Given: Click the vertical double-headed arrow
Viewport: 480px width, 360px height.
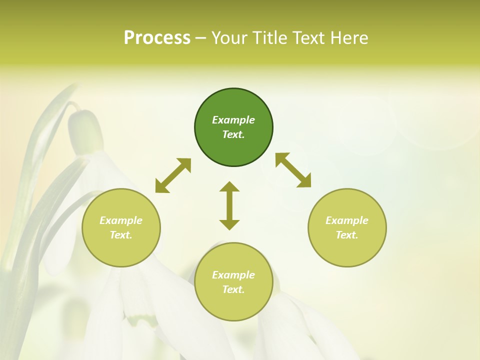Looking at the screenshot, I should (x=229, y=205).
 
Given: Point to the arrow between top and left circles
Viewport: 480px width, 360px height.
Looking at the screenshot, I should (x=173, y=175).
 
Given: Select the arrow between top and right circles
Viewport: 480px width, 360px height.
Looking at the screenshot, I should (x=293, y=170).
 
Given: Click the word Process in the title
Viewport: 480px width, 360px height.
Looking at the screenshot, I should (x=157, y=38).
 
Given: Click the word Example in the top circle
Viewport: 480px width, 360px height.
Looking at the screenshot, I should (x=233, y=120).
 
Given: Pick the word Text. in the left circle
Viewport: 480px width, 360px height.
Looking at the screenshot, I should (x=121, y=235).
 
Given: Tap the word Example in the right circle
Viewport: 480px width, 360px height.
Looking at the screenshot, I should (x=347, y=220).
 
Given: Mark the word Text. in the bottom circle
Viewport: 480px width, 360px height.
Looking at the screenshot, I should (x=233, y=289).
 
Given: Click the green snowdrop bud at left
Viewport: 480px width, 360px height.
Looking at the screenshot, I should (x=85, y=131).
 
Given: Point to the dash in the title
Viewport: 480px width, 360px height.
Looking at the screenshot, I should (x=200, y=38).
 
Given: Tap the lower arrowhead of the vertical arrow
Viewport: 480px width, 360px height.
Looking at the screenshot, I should (x=229, y=224).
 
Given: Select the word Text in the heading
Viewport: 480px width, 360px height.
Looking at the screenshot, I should (x=309, y=38).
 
